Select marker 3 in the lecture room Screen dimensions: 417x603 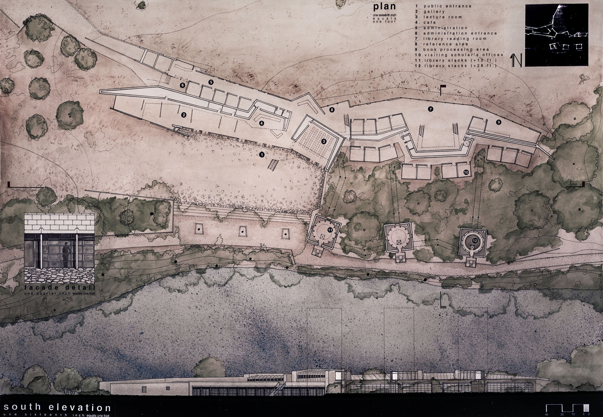tap(324, 141)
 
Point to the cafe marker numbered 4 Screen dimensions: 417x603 tap(261, 123)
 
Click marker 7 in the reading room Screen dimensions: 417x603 tap(430, 109)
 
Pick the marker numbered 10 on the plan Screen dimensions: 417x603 tap(466, 172)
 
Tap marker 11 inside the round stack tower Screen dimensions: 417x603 tap(330, 230)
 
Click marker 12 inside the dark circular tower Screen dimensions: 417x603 tap(474, 240)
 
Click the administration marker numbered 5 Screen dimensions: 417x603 tap(210, 82)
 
